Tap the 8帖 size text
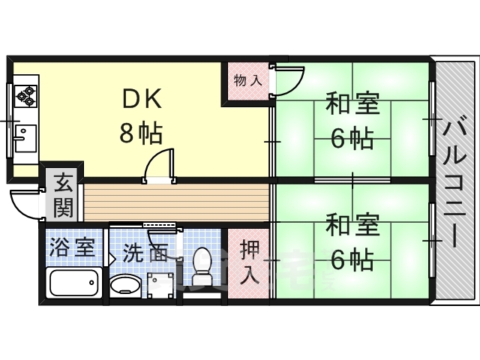point(141,133)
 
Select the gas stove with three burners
point(26,95)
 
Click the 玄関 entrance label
point(63,193)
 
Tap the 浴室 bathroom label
point(73,247)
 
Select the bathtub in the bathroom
point(73,284)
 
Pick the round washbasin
point(124,285)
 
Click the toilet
point(202,265)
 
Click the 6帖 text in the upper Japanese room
point(352,137)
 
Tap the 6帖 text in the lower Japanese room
point(352,259)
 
